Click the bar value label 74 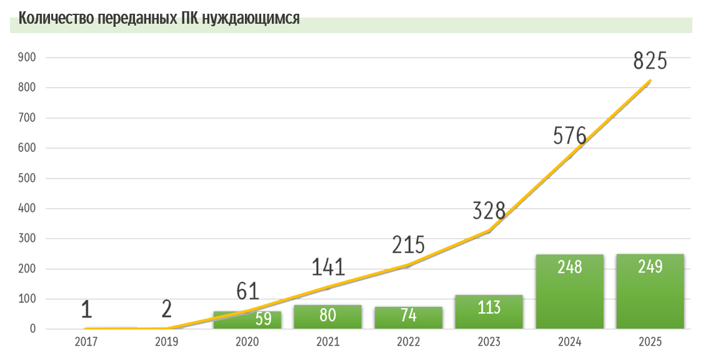[408, 316]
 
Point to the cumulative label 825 [650, 61]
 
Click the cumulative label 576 [569, 136]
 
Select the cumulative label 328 [489, 211]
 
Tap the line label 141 [328, 267]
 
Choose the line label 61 [247, 291]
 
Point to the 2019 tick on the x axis [167, 342]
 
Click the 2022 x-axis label [408, 342]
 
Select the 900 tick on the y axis [29, 57]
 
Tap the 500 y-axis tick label [29, 178]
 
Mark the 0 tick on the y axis [32, 329]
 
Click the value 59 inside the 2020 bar [263, 319]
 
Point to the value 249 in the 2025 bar [650, 266]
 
